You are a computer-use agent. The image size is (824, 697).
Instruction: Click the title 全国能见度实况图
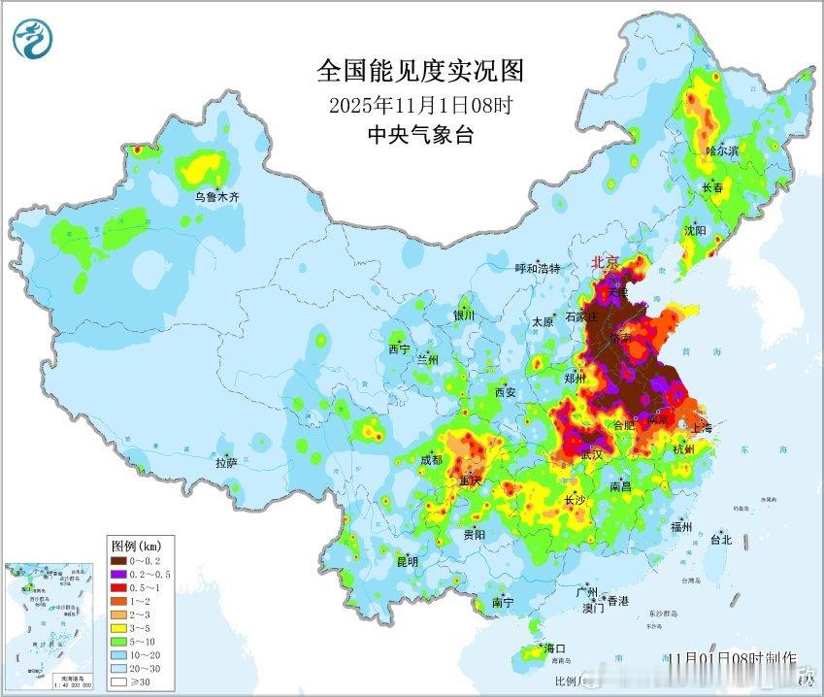coord(420,71)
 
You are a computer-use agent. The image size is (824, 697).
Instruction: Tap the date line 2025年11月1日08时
coord(420,105)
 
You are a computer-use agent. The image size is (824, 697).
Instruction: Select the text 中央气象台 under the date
coord(420,135)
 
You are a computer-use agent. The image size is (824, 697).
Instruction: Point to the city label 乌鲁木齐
coord(216,197)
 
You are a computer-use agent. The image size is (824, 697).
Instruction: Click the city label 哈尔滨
coord(721,151)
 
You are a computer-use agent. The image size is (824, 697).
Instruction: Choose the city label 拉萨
coord(226,464)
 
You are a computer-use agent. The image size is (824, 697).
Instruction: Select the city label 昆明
coord(407,562)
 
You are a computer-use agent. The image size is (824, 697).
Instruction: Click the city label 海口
coord(554,647)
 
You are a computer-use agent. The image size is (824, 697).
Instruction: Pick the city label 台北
coord(720,540)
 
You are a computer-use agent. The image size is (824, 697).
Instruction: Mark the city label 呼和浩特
coord(537,269)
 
